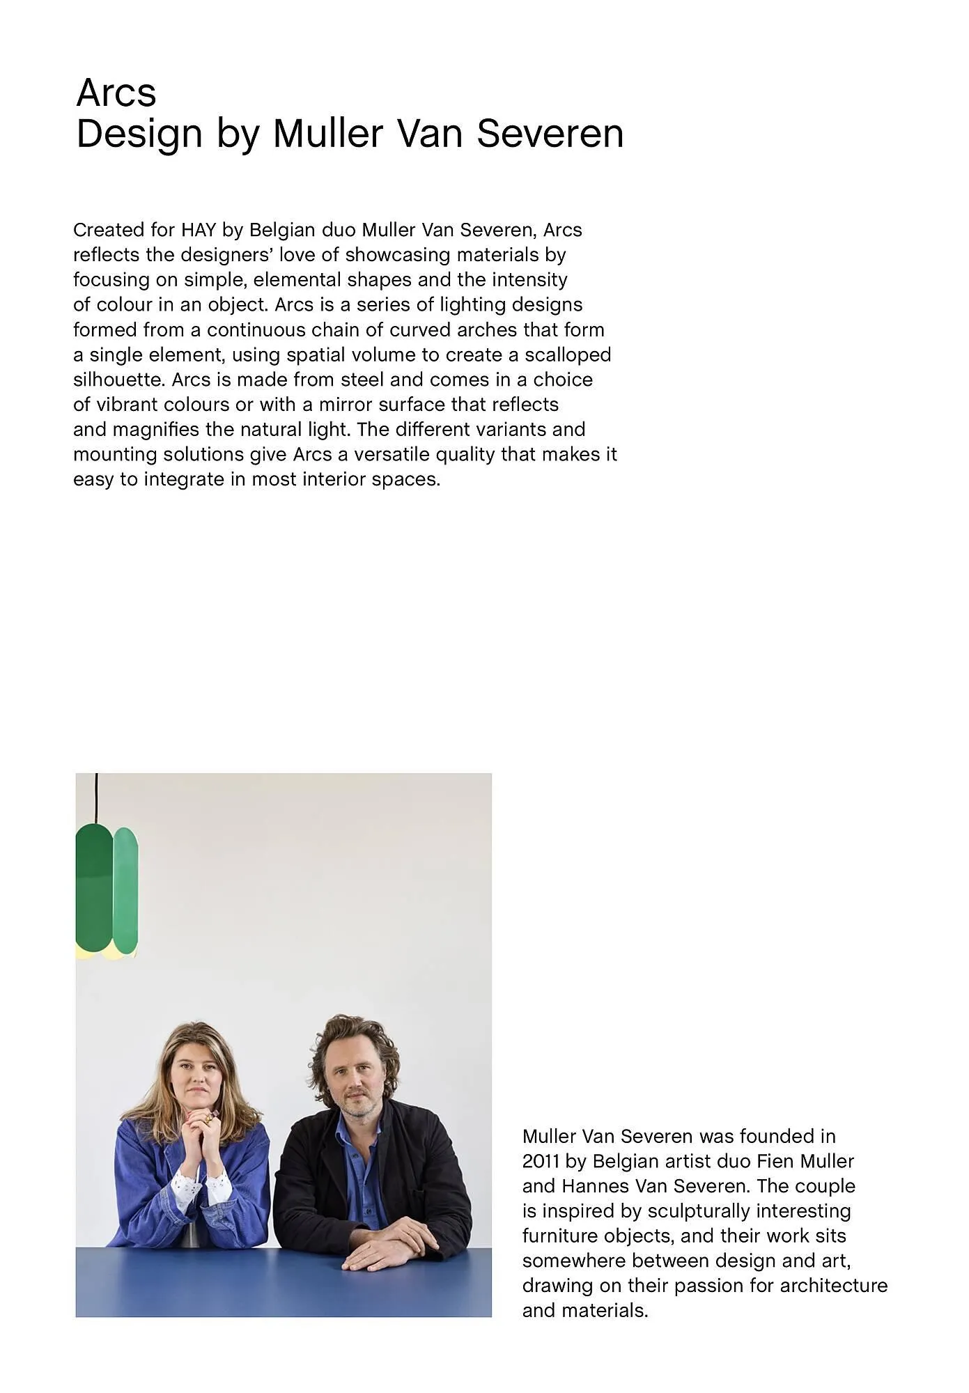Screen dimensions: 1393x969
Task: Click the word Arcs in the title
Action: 116,93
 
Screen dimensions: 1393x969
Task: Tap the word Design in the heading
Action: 139,134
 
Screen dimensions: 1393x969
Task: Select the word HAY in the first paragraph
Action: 199,230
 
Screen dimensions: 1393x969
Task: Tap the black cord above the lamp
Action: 96,797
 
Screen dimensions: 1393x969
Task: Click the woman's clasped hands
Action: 202,1121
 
